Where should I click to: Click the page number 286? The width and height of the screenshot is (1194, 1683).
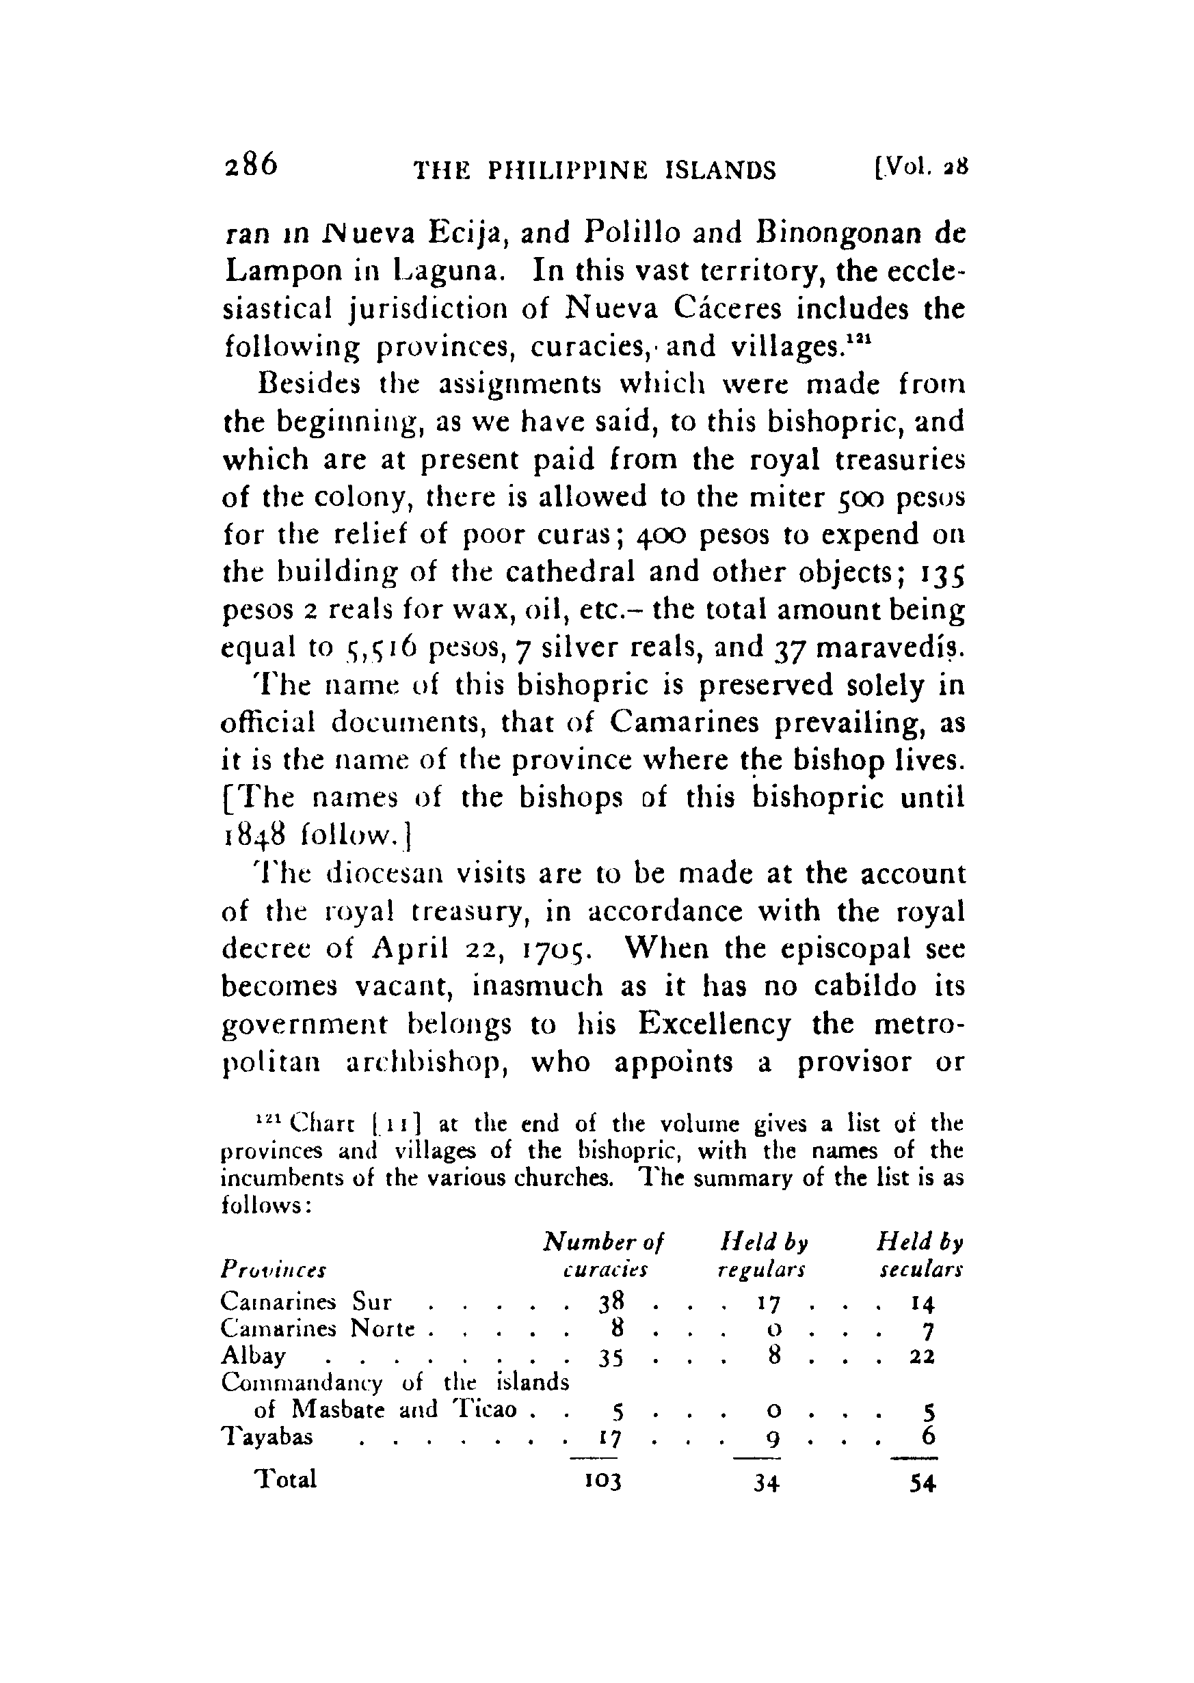click(x=251, y=165)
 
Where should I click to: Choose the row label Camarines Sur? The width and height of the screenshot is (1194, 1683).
click(x=306, y=1302)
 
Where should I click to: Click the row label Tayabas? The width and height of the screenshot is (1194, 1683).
click(x=267, y=1436)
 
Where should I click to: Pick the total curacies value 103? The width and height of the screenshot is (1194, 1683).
click(x=605, y=1480)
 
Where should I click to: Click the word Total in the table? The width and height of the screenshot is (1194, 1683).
click(x=285, y=1479)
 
